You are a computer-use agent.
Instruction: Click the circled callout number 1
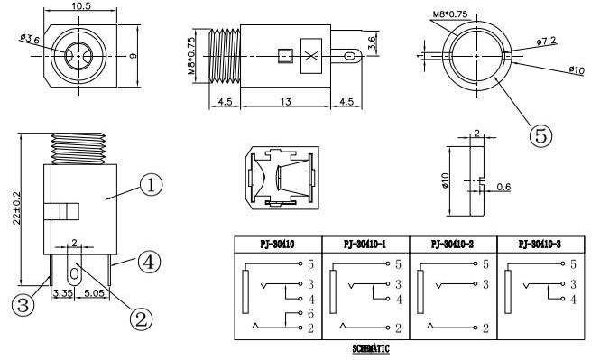pos(152,185)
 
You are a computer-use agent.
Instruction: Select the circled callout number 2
pos(141,318)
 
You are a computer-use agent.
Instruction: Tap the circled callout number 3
pos(23,305)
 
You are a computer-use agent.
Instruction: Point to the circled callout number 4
pos(149,262)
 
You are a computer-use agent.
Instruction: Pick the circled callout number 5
pos(540,135)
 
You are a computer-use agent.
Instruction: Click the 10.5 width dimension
pos(80,5)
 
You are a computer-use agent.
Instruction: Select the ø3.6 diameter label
pos(30,38)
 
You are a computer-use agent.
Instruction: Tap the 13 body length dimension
pos(285,102)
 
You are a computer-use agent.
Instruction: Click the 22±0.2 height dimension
pos(16,208)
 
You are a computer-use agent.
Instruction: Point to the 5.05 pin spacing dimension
pos(94,293)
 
